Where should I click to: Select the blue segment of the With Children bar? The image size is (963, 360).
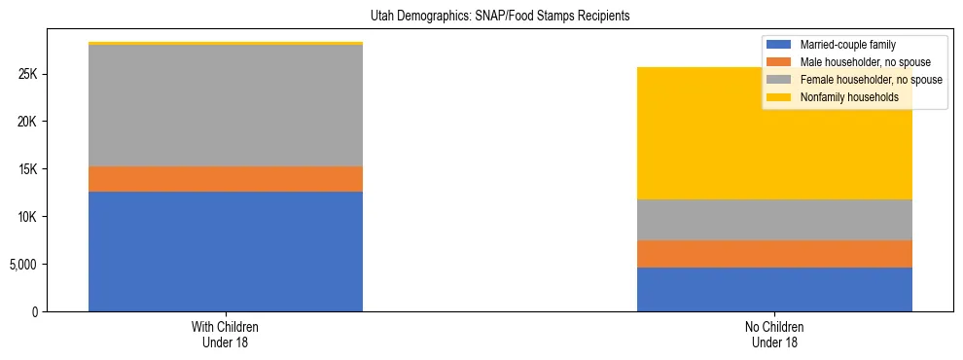(x=226, y=251)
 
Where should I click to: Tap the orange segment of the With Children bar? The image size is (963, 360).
(x=226, y=179)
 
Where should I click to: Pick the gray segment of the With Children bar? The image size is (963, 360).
(x=226, y=105)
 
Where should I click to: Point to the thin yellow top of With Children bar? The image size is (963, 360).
(x=226, y=44)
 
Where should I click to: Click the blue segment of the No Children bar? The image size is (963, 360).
(x=774, y=289)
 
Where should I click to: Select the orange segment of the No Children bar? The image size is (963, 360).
(x=774, y=254)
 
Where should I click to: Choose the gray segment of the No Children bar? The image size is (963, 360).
(x=774, y=220)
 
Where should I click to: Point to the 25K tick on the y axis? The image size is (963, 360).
(x=28, y=75)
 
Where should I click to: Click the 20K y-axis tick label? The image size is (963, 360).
(x=28, y=123)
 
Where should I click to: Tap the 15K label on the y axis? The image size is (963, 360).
(x=28, y=169)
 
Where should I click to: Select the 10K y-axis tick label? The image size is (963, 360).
(x=28, y=217)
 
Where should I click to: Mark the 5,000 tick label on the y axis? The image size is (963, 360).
(x=24, y=265)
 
